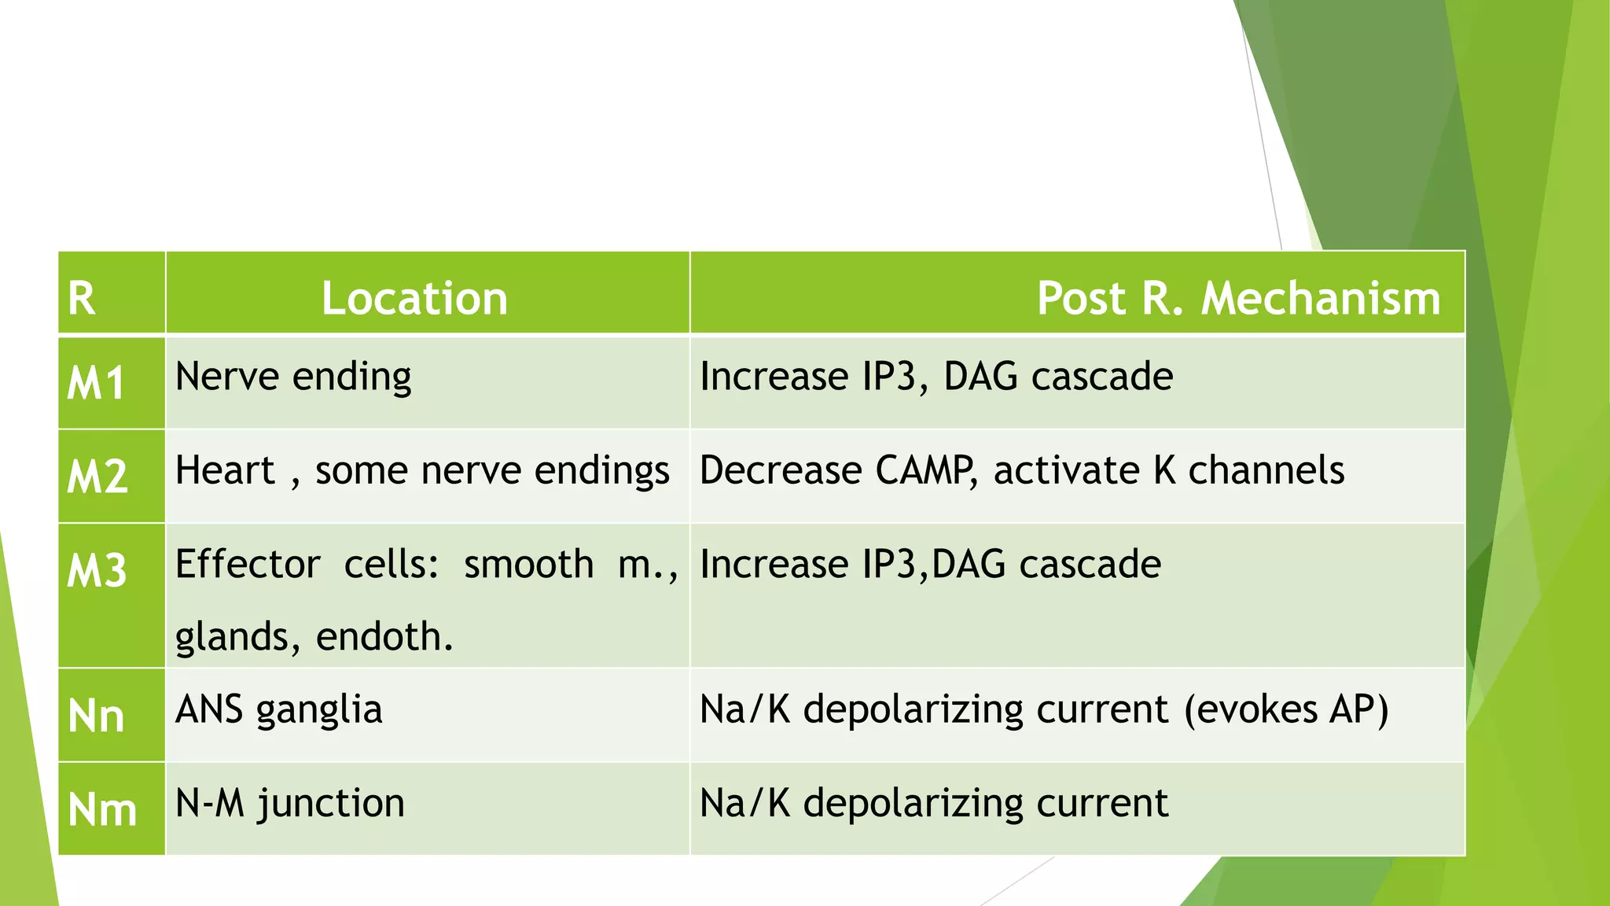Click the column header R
pos(82,299)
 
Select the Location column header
pos(414,299)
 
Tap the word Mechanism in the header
pos(1320,299)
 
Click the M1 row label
pos(96,384)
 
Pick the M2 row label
pos(97,477)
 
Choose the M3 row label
pos(97,570)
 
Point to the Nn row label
pos(96,716)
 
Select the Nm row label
pos(102,809)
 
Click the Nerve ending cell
pos(292,377)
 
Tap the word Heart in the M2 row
pos(225,470)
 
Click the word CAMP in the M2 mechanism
pos(924,470)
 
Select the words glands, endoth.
pos(314,636)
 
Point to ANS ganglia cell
pos(278,709)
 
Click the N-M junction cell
pos(289,803)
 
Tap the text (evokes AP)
pos(1286,709)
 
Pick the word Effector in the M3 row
pos(248,565)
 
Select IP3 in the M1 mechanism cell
pos(889,377)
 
